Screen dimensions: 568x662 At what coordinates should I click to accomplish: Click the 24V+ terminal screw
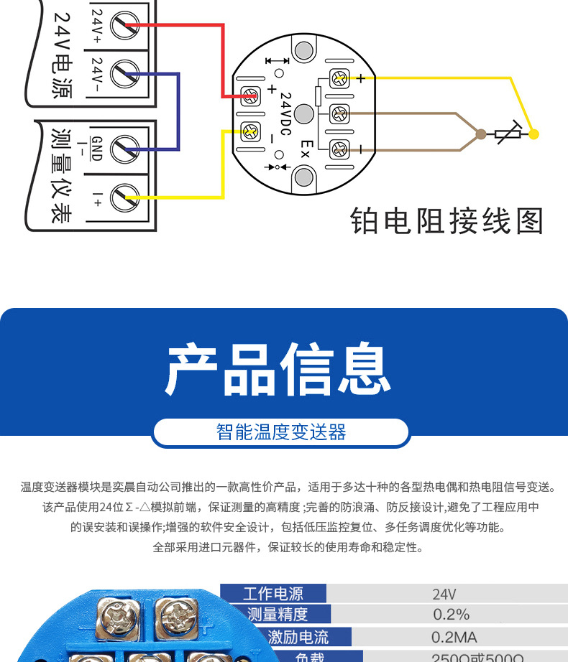click(124, 27)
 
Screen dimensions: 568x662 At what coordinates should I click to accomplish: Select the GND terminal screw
click(124, 146)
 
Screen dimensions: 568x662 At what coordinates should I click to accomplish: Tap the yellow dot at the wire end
click(533, 133)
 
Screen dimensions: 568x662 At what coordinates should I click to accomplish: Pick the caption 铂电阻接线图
click(446, 222)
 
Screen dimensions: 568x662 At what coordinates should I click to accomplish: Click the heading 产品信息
click(279, 370)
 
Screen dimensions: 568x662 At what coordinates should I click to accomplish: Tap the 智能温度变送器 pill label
click(281, 432)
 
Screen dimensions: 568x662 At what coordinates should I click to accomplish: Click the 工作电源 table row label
click(273, 594)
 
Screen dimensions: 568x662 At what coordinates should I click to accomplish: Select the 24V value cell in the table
click(444, 595)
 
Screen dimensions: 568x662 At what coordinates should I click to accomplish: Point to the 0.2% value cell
click(451, 615)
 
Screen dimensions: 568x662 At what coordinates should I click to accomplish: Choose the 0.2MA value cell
click(454, 637)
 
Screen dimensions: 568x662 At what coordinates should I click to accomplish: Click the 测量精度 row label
click(277, 615)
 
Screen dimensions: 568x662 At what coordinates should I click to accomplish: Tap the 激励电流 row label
click(298, 637)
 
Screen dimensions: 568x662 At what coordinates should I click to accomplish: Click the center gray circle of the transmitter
click(304, 114)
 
